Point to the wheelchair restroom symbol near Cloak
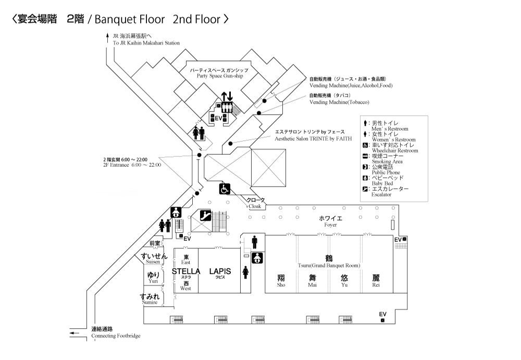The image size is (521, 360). (225, 189)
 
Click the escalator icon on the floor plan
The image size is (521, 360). (206, 215)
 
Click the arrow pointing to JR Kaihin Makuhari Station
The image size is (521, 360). (107, 38)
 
